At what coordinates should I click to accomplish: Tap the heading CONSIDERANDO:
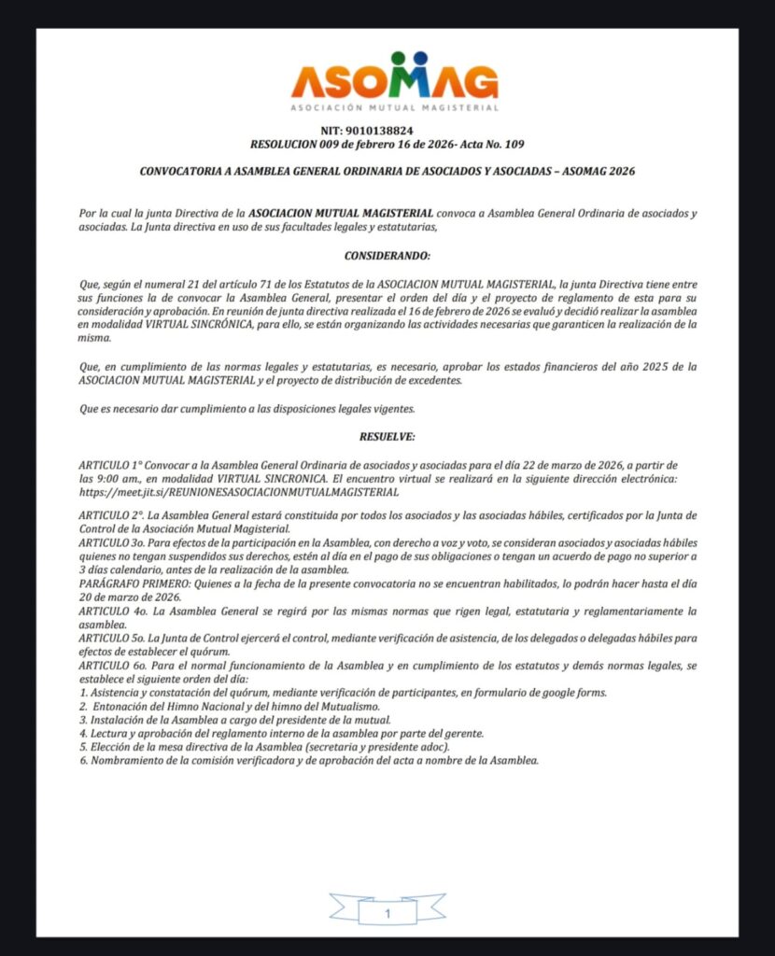click(x=387, y=256)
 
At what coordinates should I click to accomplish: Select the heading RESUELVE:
click(x=387, y=437)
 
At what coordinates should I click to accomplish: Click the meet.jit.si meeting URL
click(x=240, y=491)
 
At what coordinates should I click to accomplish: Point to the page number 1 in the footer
click(x=387, y=913)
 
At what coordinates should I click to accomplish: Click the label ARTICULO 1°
click(x=108, y=465)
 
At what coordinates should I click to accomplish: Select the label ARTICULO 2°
click(x=111, y=516)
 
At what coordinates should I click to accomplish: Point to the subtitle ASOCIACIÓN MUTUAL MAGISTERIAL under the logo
click(x=393, y=108)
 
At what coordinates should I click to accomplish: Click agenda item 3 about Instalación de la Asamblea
click(x=233, y=720)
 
